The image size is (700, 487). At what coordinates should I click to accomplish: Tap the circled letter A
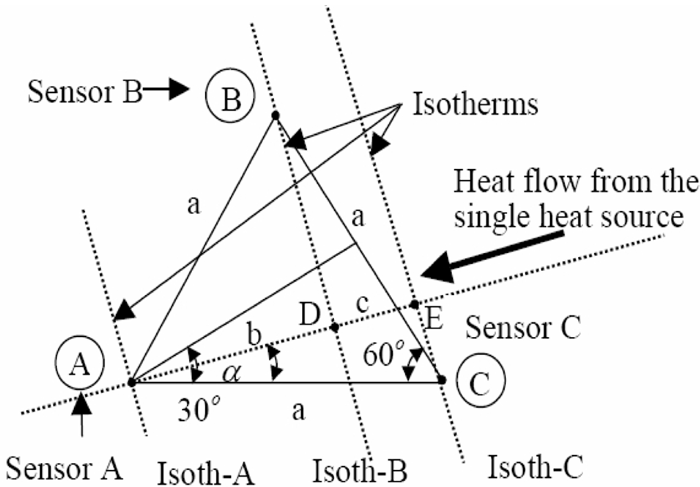[80, 363]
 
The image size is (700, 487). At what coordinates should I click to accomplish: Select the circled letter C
[480, 380]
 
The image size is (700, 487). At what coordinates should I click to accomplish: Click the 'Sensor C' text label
[523, 328]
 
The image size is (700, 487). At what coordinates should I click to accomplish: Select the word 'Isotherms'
[475, 105]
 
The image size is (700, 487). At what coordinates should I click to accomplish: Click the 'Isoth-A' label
[205, 473]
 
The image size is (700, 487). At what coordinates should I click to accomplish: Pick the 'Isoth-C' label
[535, 467]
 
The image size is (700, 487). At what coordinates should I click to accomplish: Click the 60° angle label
[384, 354]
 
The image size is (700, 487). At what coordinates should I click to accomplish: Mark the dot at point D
[335, 327]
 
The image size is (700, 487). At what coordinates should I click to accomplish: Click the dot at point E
[415, 305]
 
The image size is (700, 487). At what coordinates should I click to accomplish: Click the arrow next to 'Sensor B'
[167, 90]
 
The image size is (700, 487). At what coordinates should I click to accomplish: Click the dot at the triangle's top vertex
[275, 115]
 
